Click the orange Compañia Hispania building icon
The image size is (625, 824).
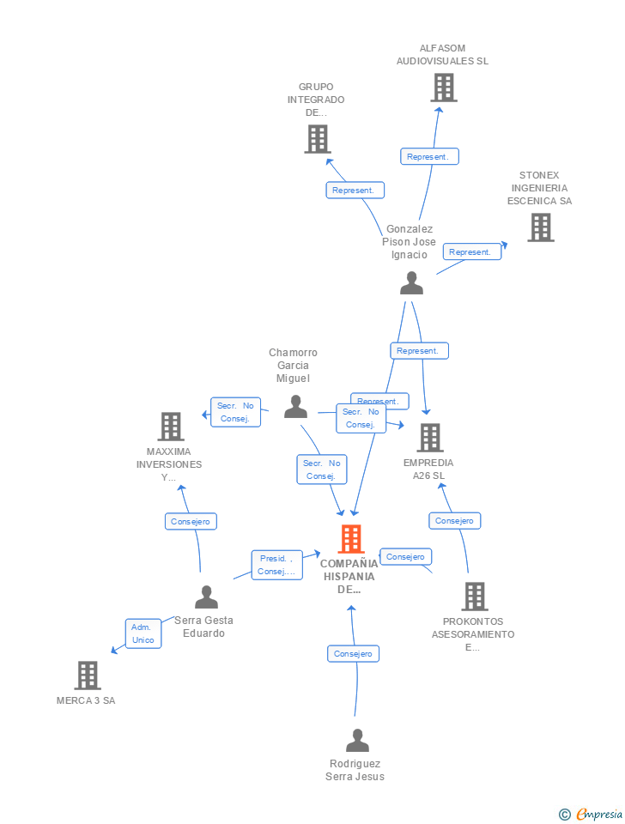point(351,539)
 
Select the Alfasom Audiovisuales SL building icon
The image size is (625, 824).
point(443,88)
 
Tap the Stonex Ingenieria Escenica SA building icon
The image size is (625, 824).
point(540,227)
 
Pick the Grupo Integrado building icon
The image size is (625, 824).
point(317,139)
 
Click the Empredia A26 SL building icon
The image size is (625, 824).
point(429,438)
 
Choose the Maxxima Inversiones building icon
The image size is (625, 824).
point(171,427)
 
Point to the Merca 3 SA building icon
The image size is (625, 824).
point(87,676)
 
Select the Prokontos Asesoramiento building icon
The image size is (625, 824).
point(474,597)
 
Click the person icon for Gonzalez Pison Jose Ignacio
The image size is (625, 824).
point(412,283)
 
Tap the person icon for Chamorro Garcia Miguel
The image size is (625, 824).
point(295,407)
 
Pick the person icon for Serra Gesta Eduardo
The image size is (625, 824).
point(206,597)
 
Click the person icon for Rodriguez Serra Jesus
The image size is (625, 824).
point(357,740)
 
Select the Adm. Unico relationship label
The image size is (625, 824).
point(143,633)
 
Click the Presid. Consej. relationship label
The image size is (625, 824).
point(276,565)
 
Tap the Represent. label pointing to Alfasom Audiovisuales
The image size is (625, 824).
point(429,156)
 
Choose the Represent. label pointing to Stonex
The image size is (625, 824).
point(471,251)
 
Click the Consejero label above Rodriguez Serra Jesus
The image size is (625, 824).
point(353,653)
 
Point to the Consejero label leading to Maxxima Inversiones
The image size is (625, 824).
point(191,521)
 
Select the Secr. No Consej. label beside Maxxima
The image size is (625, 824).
point(235,412)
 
